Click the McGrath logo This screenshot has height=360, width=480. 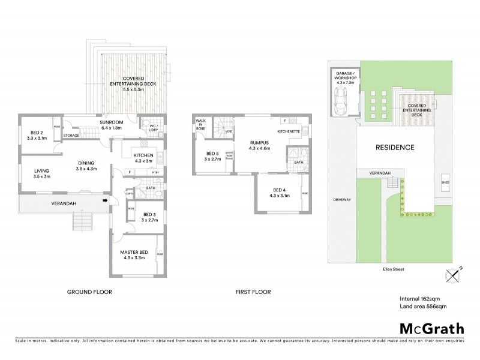pyautogui.click(x=432, y=328)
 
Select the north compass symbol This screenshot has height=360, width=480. pyautogui.click(x=454, y=275)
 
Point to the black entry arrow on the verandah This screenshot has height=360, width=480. pyautogui.click(x=106, y=201)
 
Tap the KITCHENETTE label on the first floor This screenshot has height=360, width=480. pyautogui.click(x=288, y=131)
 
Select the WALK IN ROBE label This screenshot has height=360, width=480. pyautogui.click(x=201, y=124)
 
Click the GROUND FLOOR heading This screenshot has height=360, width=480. pyautogui.click(x=89, y=292)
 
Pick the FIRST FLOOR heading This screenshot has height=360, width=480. pyautogui.click(x=252, y=292)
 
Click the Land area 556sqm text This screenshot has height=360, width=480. pyautogui.click(x=423, y=307)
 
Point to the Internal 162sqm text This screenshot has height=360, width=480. pyautogui.click(x=420, y=298)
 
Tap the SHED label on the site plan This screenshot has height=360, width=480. pyautogui.click(x=445, y=182)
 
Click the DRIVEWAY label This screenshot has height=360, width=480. pyautogui.click(x=341, y=200)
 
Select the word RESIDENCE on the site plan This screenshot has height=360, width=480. pyautogui.click(x=395, y=148)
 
